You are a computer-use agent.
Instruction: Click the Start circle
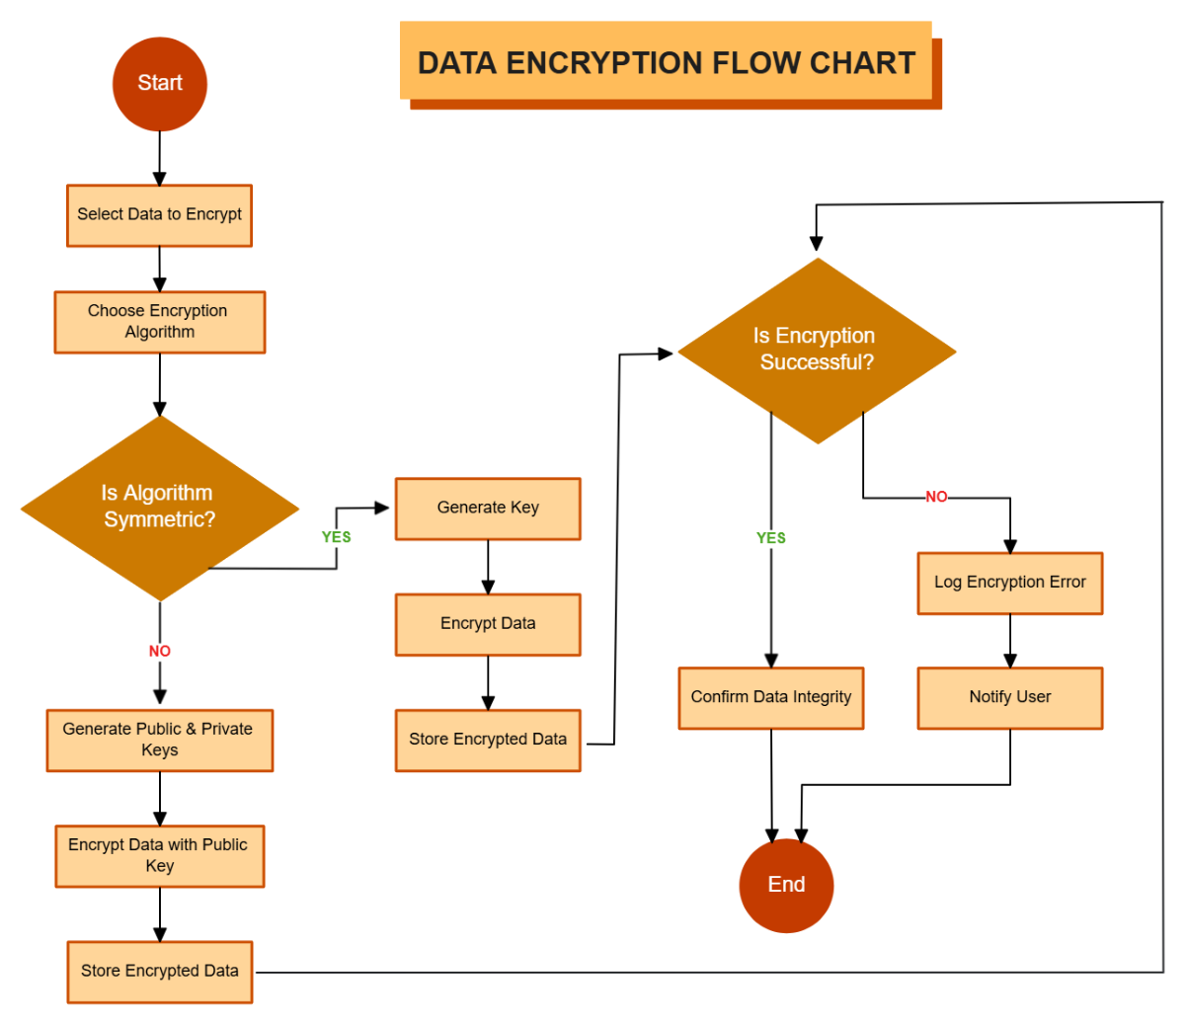160,84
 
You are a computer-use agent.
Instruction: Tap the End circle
786,885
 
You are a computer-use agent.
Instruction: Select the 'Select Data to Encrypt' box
160,215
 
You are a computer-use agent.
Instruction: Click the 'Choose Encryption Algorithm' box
160,322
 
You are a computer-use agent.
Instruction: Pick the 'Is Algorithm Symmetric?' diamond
160,508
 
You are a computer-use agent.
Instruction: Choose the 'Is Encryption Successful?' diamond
816,351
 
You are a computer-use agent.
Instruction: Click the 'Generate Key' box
488,509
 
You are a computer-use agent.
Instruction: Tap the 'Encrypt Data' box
488,624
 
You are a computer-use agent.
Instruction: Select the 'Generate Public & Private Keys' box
160,740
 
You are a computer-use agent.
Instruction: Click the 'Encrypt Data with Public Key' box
160,856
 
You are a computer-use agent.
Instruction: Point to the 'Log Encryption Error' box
1009,583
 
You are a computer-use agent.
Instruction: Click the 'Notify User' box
1009,698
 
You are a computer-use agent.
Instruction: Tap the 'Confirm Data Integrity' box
771,698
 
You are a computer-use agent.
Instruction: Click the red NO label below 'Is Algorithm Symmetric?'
160,652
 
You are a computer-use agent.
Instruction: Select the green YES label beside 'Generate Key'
337,537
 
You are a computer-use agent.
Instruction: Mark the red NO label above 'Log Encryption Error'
936,497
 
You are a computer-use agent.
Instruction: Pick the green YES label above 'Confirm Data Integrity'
771,538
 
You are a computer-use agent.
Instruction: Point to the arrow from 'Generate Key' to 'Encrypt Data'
488,567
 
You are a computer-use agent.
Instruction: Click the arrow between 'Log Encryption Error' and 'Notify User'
1009,641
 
